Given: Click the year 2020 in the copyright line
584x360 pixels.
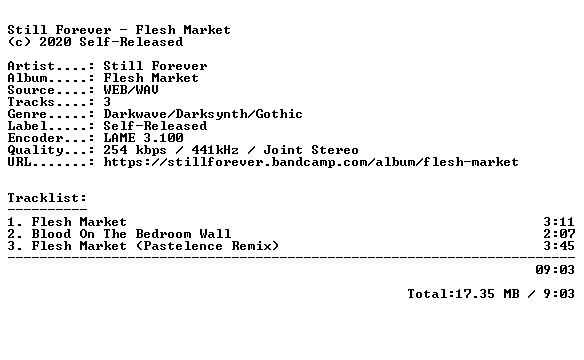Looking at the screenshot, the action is coord(55,42).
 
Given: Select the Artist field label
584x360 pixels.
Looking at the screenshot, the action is coord(31,66).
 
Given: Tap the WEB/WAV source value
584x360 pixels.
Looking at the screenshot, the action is coord(131,90).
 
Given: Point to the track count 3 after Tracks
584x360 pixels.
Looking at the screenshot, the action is coord(107,102).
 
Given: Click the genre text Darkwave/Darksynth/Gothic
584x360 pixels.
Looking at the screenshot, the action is coord(203,114).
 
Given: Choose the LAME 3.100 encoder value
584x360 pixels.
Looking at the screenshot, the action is coord(143,138).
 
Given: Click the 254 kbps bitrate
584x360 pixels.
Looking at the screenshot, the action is coord(135,150).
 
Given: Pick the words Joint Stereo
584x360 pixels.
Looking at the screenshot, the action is coord(311,150).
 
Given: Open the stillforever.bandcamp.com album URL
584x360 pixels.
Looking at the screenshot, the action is coord(311,162).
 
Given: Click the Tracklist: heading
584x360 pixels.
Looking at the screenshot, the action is coord(47,198).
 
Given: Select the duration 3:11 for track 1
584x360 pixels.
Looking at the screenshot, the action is coord(559,222).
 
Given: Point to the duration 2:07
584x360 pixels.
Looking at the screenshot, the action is coord(559,234).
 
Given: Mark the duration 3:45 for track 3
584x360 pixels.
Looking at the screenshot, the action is coord(559,246).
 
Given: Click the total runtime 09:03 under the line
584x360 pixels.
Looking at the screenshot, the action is coord(555,270).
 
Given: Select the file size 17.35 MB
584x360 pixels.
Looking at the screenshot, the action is coord(487,294).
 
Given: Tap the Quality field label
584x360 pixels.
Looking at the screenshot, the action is coord(35,150).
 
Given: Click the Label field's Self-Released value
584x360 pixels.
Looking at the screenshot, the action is coord(155,126).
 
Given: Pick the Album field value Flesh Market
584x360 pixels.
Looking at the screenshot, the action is coord(151,78).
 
